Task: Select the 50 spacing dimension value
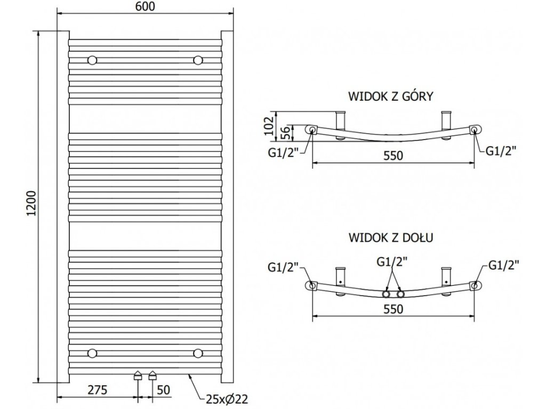[x=163, y=390]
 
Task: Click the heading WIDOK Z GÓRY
[x=391, y=97]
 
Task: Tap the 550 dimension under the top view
[x=392, y=156]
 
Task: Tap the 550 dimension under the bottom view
[x=392, y=308]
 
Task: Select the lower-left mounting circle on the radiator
[x=93, y=353]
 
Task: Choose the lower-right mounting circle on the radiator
[x=199, y=353]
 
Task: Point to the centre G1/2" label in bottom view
[x=394, y=262]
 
